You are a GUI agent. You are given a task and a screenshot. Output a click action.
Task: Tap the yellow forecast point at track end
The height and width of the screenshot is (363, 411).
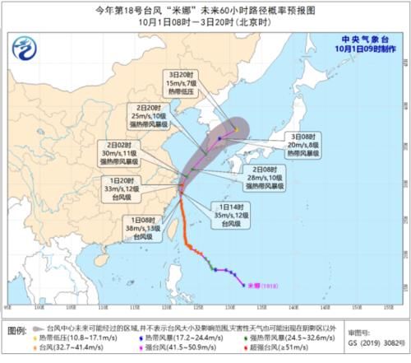236,128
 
